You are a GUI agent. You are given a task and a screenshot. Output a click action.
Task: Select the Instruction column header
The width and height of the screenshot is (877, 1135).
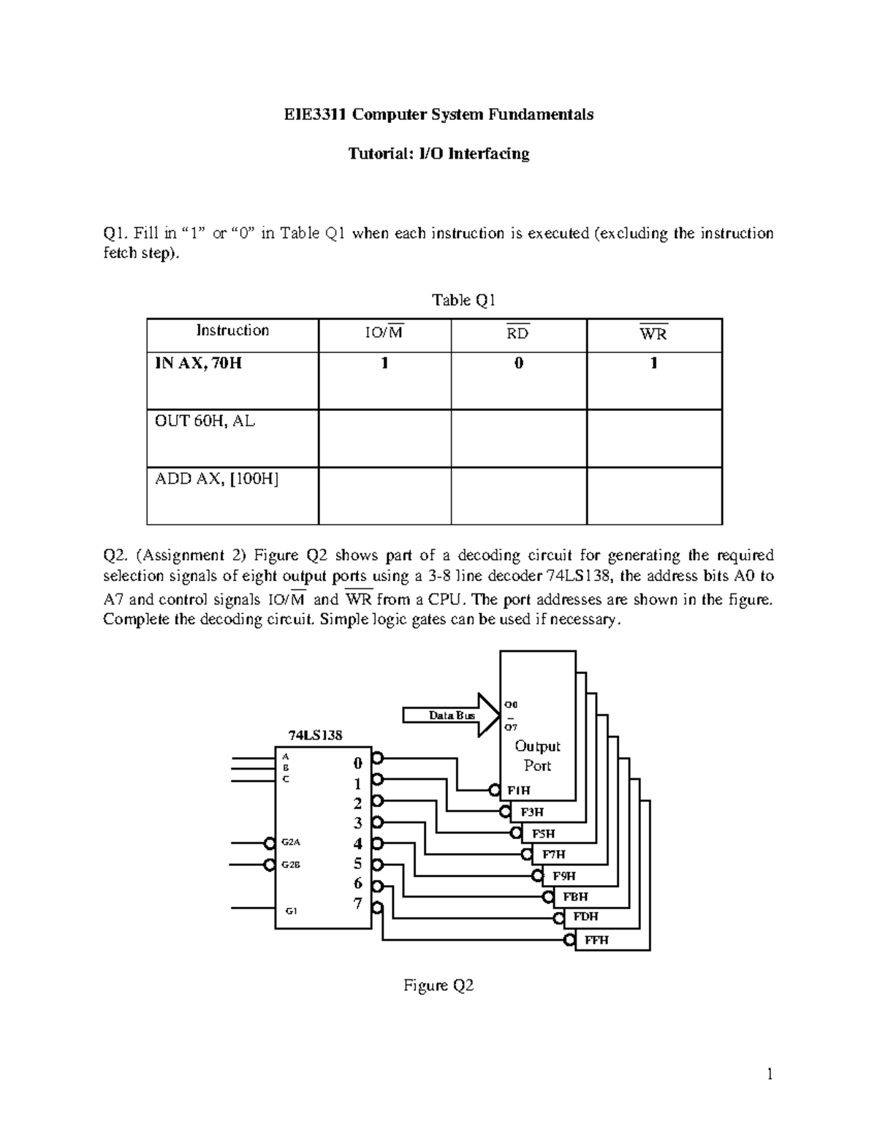click(232, 330)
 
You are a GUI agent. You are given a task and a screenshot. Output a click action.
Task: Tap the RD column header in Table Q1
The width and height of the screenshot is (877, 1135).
click(518, 334)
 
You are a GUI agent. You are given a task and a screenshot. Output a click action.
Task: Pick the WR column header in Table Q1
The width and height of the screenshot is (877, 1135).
click(653, 334)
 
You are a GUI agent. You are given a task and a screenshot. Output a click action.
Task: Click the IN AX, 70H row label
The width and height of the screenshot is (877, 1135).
click(198, 363)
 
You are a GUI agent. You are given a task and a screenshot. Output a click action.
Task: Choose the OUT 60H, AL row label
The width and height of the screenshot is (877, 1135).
click(205, 421)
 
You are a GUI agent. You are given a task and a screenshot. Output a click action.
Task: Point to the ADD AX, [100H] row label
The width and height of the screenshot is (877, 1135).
click(217, 479)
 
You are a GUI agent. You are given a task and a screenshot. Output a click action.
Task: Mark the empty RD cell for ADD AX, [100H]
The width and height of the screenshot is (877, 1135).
click(518, 496)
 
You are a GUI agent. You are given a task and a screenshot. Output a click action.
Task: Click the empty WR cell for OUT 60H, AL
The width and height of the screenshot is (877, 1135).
click(653, 438)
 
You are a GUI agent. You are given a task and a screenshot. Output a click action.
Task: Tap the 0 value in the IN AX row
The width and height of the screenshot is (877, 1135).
click(518, 363)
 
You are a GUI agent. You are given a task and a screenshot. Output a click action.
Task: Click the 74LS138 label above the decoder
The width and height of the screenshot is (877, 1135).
click(316, 735)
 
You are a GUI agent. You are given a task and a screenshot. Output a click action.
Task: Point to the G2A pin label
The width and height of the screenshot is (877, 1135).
click(292, 842)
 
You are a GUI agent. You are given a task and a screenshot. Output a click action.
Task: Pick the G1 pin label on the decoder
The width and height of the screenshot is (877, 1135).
click(292, 911)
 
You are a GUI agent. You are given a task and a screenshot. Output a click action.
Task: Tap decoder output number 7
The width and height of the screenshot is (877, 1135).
click(358, 903)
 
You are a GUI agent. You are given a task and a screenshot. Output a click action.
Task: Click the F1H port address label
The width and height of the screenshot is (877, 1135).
click(519, 791)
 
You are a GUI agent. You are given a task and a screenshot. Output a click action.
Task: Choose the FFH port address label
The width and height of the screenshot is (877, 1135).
click(596, 941)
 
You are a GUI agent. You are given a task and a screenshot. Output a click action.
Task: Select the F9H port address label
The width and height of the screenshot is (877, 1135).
click(564, 876)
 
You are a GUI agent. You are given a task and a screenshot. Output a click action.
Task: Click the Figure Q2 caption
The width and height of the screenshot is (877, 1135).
click(438, 986)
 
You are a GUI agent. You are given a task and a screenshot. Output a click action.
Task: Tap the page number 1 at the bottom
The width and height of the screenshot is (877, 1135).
click(769, 1074)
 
